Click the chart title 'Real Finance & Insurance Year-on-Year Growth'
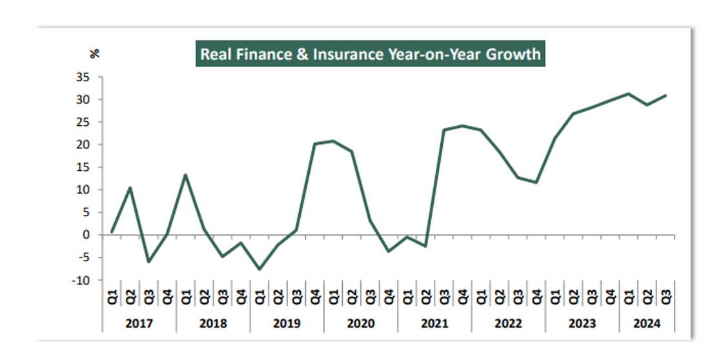pyautogui.click(x=370, y=54)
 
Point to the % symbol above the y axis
pyautogui.click(x=95, y=54)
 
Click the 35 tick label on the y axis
pyautogui.click(x=83, y=77)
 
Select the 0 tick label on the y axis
pyautogui.click(x=87, y=235)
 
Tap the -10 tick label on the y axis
pyautogui.click(x=81, y=281)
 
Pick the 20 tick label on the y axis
pyautogui.click(x=83, y=145)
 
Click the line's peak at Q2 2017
pyautogui.click(x=130, y=188)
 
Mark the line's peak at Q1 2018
pyautogui.click(x=185, y=175)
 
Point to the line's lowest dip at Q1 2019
pyautogui.click(x=260, y=269)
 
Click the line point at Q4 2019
pyautogui.click(x=314, y=144)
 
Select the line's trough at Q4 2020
pyautogui.click(x=389, y=251)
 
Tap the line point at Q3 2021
pyautogui.click(x=444, y=130)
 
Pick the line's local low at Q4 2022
pyautogui.click(x=536, y=183)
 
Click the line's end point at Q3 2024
pyautogui.click(x=666, y=95)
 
